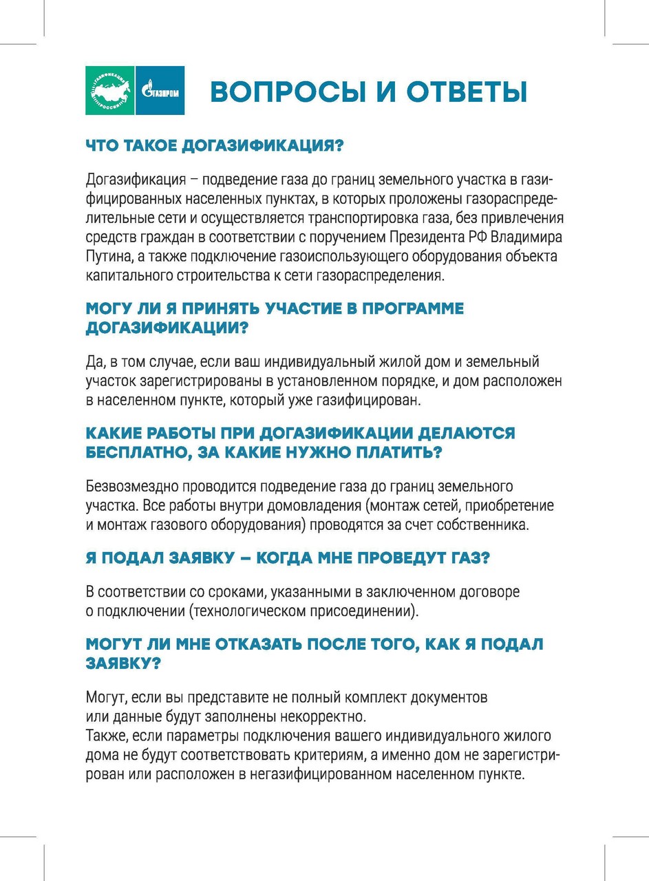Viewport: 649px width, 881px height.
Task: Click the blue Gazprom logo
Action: [x=160, y=90]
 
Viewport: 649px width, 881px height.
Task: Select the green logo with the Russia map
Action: [x=110, y=90]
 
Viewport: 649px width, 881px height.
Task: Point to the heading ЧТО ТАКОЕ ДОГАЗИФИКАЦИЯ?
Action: [x=214, y=146]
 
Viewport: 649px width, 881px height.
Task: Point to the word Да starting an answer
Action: [x=94, y=361]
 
